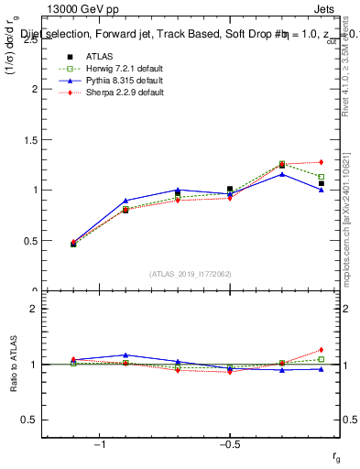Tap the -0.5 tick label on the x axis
[x=229, y=444]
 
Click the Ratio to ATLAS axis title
[x=16, y=364]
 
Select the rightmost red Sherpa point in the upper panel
[x=321, y=162]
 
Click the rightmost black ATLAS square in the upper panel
[x=321, y=183]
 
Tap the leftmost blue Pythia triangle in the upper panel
[x=73, y=244]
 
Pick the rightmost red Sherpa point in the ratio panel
[x=321, y=350]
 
